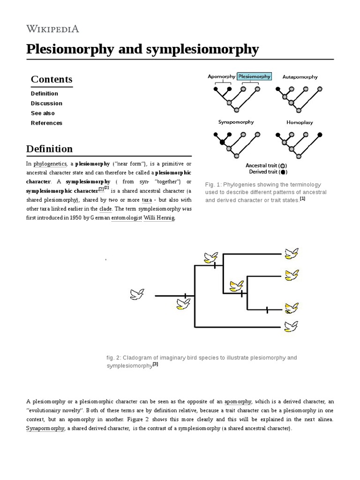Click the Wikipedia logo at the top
[52, 29]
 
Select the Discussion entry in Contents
[46, 103]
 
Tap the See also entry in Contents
[43, 113]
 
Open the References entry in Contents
[46, 123]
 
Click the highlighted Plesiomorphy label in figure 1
[254, 76]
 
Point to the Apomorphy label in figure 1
[222, 76]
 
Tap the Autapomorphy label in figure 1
[300, 77]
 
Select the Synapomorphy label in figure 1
[236, 122]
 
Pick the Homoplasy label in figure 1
[300, 122]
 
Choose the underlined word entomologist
[127, 218]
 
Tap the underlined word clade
[105, 209]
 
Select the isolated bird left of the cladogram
[137, 294]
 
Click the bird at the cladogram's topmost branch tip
[291, 254]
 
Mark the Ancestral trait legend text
[262, 165]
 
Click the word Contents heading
[52, 79]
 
